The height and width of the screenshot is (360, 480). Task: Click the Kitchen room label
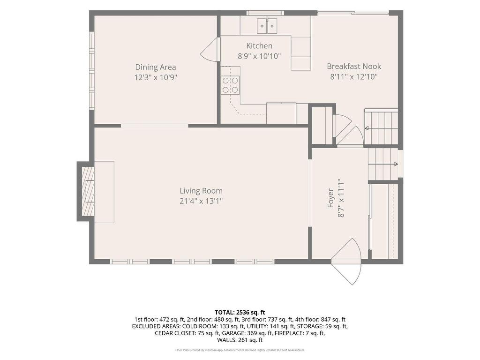tap(259, 46)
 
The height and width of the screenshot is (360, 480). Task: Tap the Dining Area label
tap(156, 67)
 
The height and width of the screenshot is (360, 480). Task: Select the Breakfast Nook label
tap(354, 66)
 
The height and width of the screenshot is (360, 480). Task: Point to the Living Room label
tap(201, 191)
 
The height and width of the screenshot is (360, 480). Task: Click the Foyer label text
tap(330, 198)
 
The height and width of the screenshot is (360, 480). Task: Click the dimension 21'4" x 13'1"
tap(201, 201)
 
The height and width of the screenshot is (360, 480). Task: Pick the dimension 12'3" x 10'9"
tap(156, 77)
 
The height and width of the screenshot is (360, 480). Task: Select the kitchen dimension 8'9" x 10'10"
tap(259, 56)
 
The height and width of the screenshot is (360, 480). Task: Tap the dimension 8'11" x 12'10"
tap(354, 76)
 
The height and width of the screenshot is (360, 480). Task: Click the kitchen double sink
tap(267, 26)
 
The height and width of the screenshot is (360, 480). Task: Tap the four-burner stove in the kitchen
tap(230, 85)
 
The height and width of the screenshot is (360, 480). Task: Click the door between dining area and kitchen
tap(210, 50)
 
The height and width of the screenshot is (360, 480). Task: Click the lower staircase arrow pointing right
tap(383, 164)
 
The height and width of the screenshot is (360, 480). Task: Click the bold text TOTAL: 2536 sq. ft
tap(240, 313)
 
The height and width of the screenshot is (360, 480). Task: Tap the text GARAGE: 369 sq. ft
tap(247, 333)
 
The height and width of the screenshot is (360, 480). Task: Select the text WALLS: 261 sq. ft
tap(240, 340)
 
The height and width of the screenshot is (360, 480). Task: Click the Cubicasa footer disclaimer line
tap(240, 350)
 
